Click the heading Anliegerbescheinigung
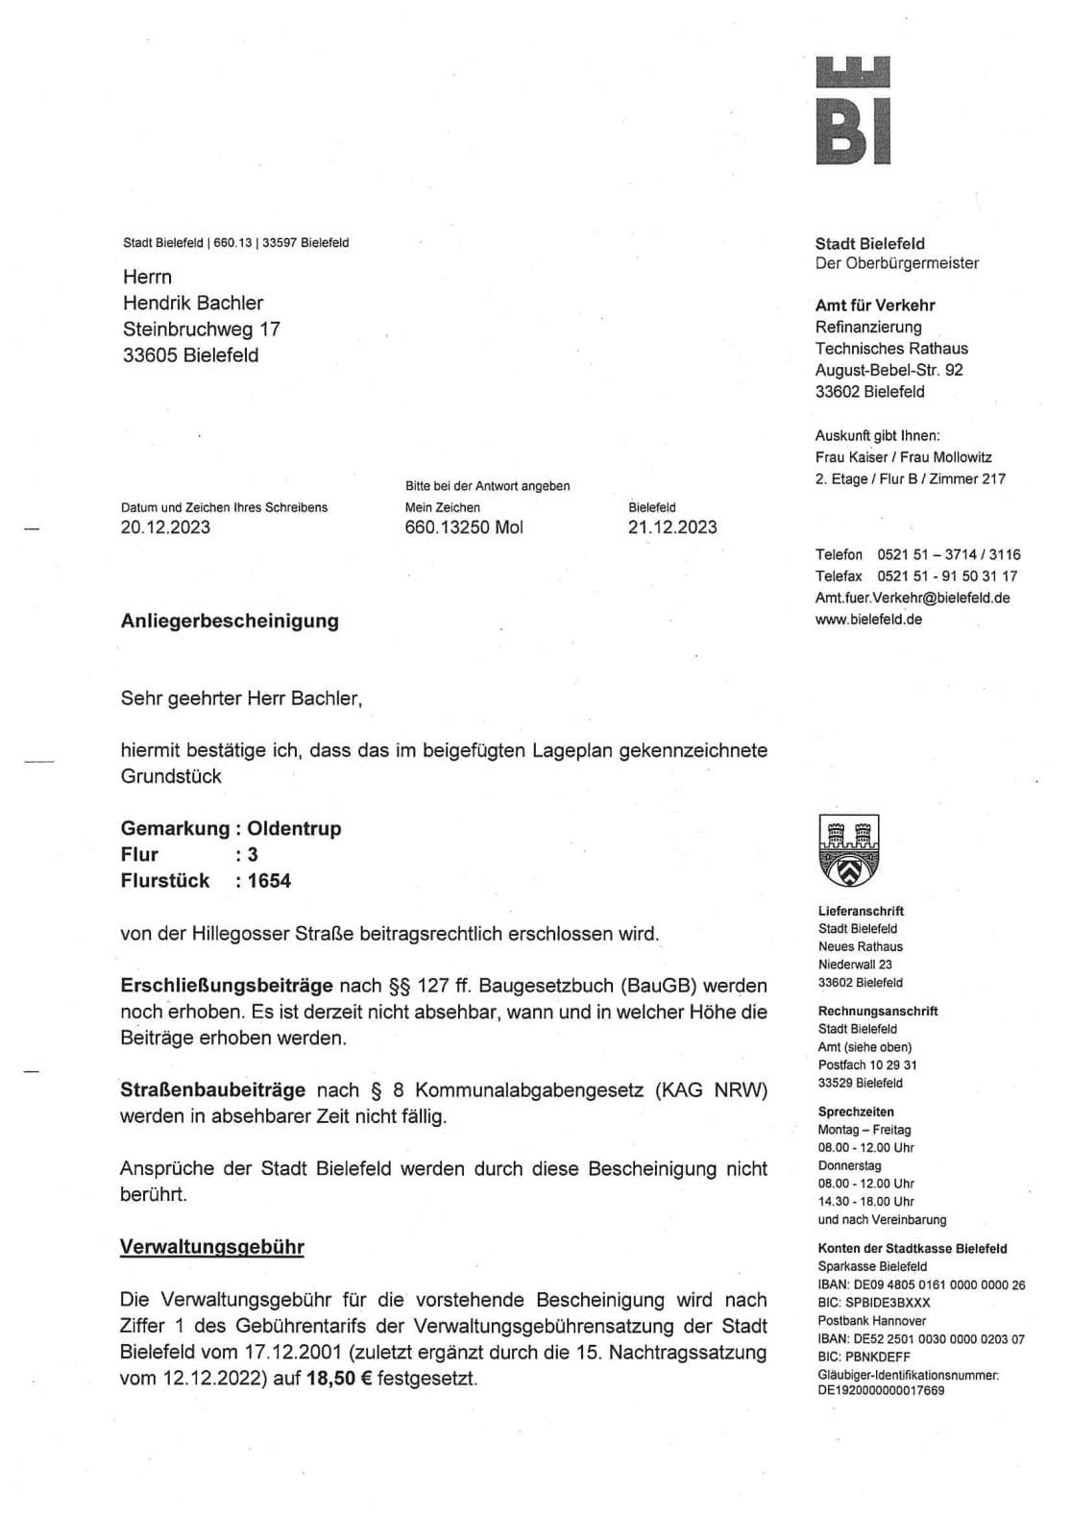(230, 621)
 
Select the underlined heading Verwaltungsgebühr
(211, 1247)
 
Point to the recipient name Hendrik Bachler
(193, 303)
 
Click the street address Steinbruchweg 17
(202, 329)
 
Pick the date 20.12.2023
(165, 526)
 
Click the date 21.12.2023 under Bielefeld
(672, 526)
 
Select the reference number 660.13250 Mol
(464, 526)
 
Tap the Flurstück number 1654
(269, 880)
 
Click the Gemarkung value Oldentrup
(294, 828)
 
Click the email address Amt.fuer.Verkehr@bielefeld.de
(912, 598)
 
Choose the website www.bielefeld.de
(868, 620)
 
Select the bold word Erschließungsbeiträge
(227, 985)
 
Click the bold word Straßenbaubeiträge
(212, 1089)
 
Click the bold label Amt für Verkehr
(875, 306)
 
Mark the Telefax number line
(916, 576)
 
